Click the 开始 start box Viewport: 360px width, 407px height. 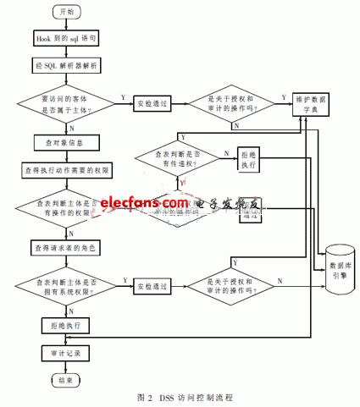pyautogui.click(x=64, y=12)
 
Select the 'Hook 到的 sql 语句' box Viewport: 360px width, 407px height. pyautogui.click(x=64, y=39)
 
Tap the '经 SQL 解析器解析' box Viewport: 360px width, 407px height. pyautogui.click(x=64, y=64)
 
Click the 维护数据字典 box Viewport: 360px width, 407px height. pyautogui.click(x=318, y=102)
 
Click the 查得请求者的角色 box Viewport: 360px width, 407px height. pyautogui.click(x=64, y=248)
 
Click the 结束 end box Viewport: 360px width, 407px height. pyautogui.click(x=64, y=381)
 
